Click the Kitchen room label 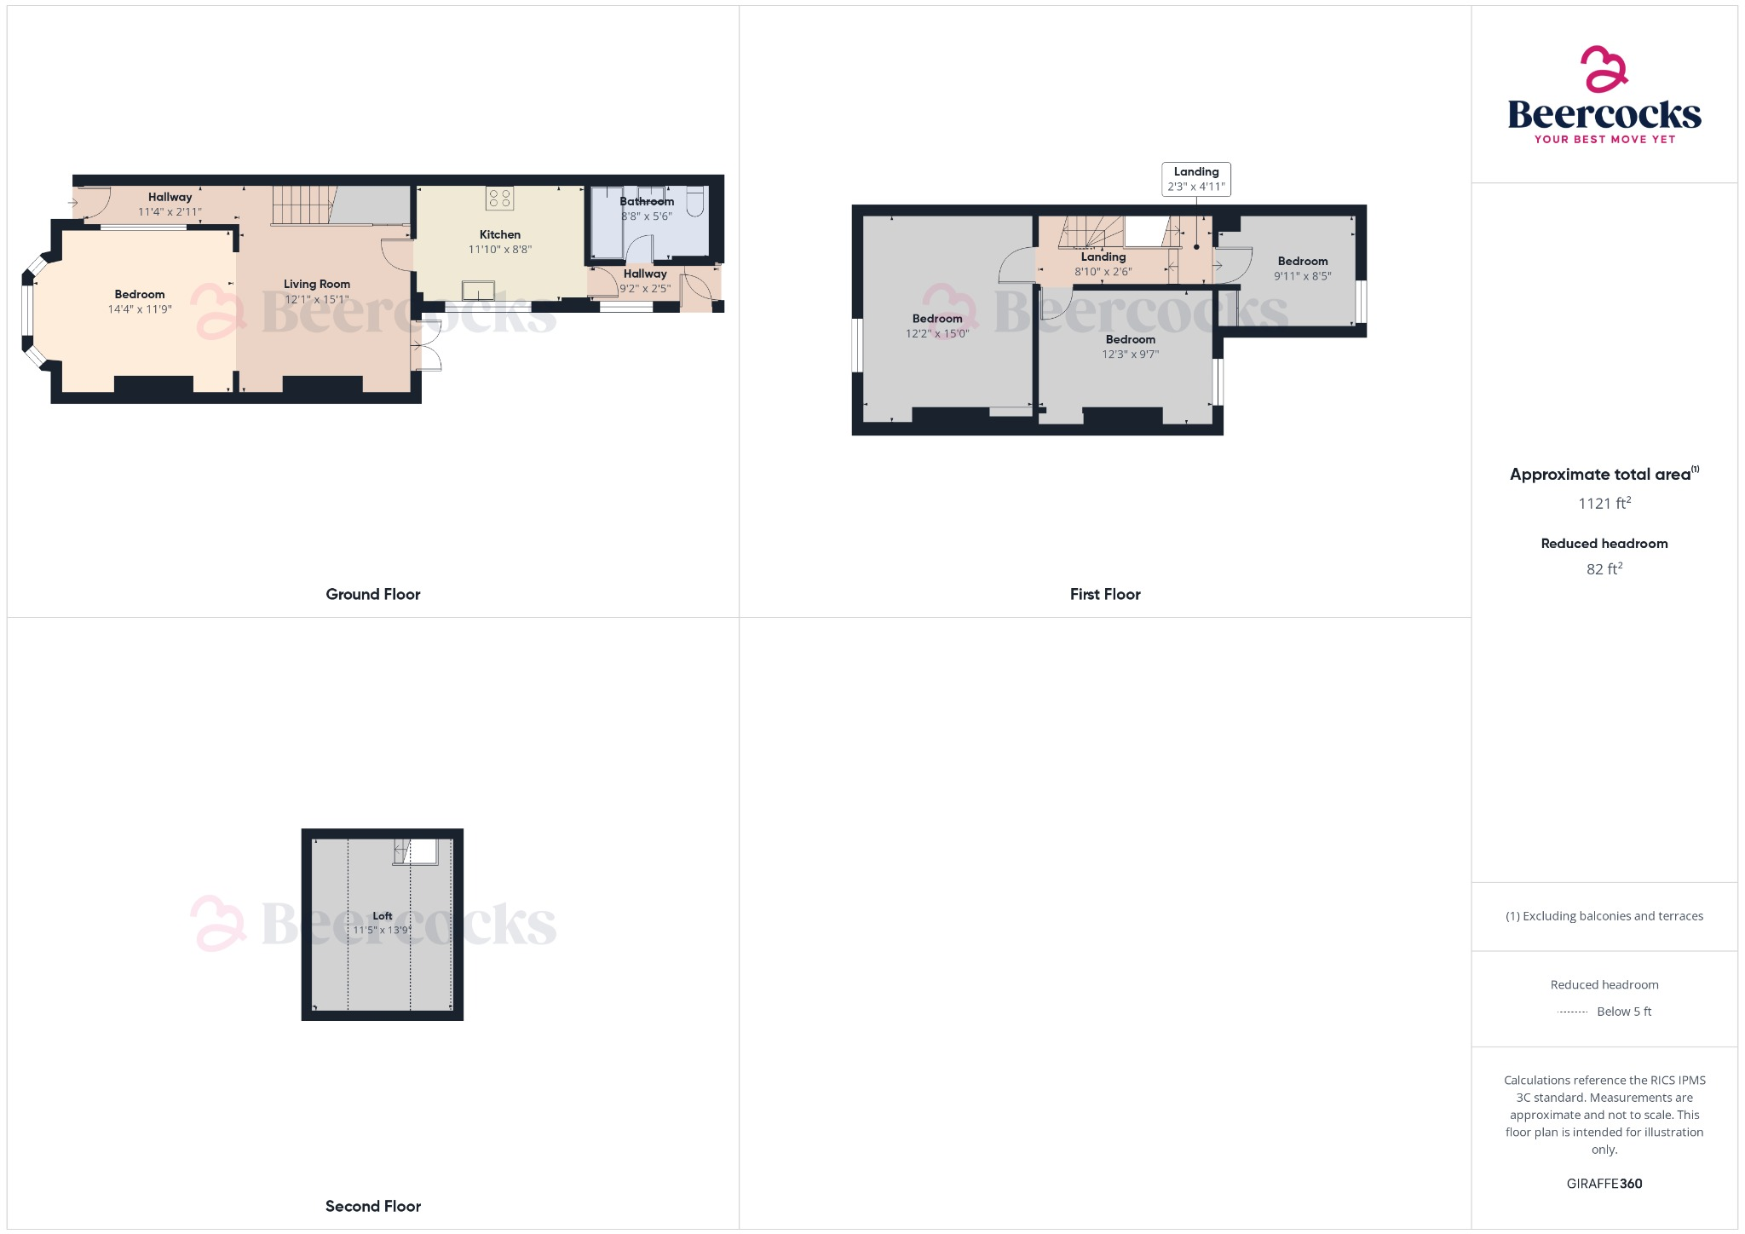[x=499, y=234]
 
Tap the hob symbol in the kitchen [x=499, y=199]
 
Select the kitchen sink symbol [x=478, y=291]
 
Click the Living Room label [x=317, y=284]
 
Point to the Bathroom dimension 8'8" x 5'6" [x=647, y=216]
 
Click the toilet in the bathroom [x=695, y=202]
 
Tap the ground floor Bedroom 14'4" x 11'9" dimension [x=140, y=309]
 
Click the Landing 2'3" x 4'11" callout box [x=1195, y=179]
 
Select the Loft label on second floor [x=383, y=916]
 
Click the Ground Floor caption [x=373, y=594]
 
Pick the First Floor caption [x=1105, y=594]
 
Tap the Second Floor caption [x=373, y=1206]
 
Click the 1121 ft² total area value [x=1604, y=503]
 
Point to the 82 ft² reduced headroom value [x=1604, y=568]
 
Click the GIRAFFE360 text [x=1604, y=1183]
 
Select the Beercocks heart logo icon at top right [x=1604, y=69]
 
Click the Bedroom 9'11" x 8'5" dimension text [x=1302, y=276]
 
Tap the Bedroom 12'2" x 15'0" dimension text [x=936, y=334]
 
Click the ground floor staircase [x=302, y=205]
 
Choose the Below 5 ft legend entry [x=1623, y=1012]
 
